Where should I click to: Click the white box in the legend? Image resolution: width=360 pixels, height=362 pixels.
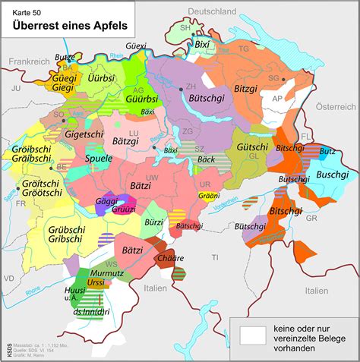252,332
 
